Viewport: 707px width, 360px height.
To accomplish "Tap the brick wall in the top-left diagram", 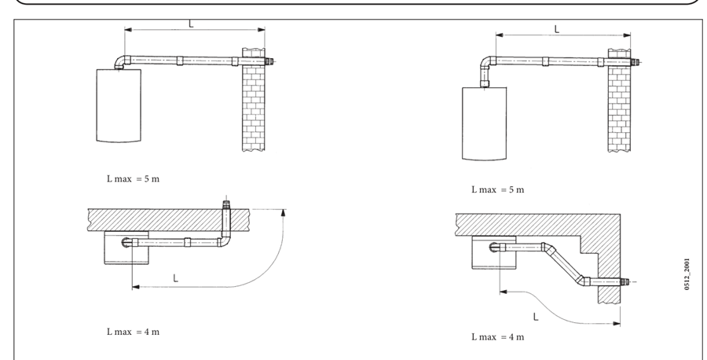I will (x=253, y=102).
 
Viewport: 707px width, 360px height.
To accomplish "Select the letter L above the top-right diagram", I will (x=557, y=29).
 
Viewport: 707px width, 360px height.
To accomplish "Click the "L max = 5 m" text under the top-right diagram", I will (x=497, y=189).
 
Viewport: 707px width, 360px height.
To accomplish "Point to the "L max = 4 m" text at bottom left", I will (x=134, y=331).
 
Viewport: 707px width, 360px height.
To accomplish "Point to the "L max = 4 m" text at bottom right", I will (x=497, y=336).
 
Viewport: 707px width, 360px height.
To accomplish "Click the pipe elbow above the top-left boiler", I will (x=118, y=61).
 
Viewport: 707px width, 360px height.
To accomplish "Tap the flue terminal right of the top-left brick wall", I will (x=269, y=61).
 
